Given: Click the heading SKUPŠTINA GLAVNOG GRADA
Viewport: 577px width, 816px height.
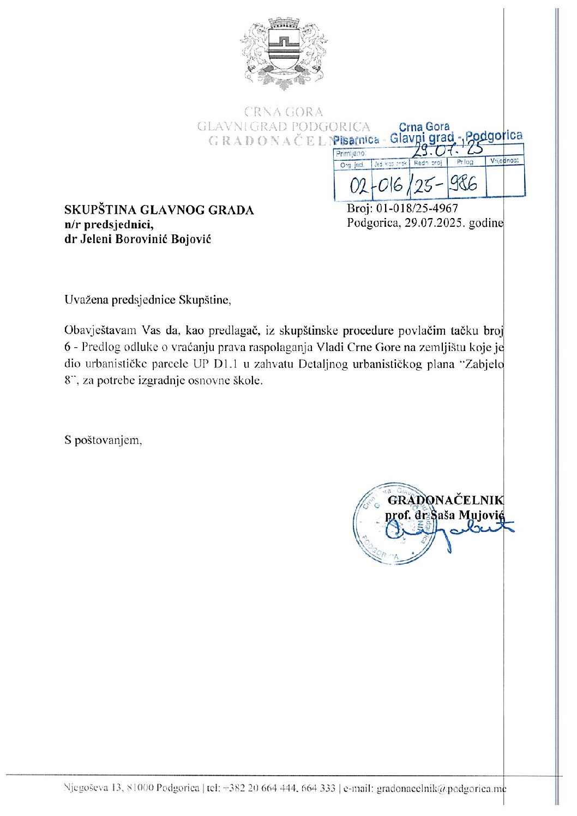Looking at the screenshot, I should coord(159,210).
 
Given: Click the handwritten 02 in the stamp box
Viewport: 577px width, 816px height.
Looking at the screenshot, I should coord(360,187).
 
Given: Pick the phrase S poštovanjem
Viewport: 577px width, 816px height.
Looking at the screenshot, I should coord(104,440).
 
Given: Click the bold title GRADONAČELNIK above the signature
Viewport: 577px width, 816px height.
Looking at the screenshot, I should coord(446,500).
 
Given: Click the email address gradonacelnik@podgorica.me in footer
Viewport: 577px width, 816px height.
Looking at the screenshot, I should coord(441,789).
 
